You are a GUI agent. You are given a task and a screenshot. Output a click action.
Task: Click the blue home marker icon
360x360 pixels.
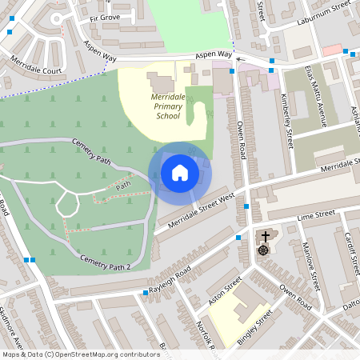pos(180,173)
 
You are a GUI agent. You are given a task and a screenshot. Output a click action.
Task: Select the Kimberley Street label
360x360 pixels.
pos(289,121)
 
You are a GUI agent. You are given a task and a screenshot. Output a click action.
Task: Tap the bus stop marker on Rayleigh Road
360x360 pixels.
pos(146,293)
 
